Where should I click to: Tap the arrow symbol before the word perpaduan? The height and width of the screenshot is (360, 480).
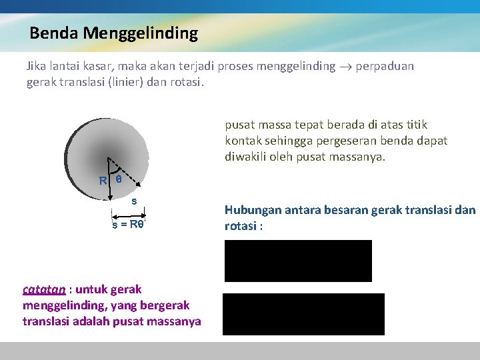pos(346,67)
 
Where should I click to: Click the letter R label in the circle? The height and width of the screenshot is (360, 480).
pos(103,181)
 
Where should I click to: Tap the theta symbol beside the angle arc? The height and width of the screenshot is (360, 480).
pos(119,179)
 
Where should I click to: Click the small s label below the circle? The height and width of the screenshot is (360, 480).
pos(134,201)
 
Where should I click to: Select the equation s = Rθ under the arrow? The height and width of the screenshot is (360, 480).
pos(128,225)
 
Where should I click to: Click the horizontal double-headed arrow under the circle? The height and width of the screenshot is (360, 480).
pos(127,216)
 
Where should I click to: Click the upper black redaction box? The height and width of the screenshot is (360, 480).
pos(298,261)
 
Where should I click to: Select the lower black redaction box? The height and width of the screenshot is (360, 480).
pos(303,314)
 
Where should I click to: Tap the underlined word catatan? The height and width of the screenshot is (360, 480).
pos(44,289)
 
